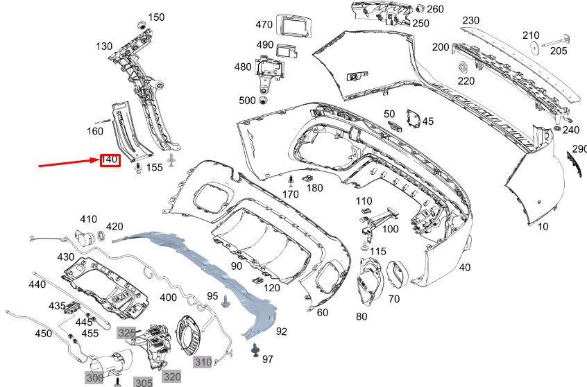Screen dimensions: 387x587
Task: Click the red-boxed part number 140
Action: tap(110, 160)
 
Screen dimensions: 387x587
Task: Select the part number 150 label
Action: tap(156, 17)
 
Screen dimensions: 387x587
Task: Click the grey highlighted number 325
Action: tap(126, 333)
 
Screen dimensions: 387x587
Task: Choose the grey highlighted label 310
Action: tap(203, 361)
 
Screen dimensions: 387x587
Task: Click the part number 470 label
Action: tap(264, 25)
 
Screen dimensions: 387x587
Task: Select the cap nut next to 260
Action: tap(420, 9)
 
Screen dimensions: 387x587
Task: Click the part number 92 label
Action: tap(281, 332)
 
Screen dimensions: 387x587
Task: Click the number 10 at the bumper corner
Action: tap(542, 227)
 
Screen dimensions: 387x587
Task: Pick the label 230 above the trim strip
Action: tap(471, 21)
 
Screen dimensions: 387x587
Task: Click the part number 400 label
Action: tap(168, 298)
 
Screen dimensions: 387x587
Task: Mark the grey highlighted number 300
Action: tap(94, 378)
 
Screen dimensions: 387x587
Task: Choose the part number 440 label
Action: tap(37, 284)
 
